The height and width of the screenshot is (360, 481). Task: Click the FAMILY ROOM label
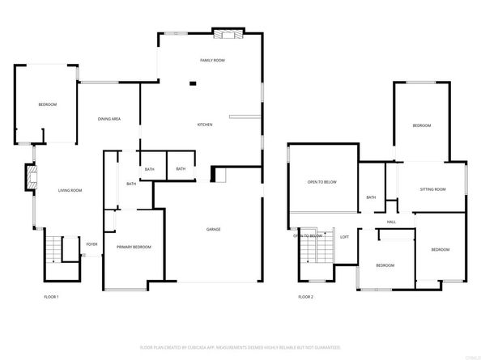tap(212, 61)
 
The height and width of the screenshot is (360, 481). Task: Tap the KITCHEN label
tap(206, 125)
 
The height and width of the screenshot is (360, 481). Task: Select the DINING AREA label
tap(109, 119)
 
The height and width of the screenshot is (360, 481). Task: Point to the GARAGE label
tap(213, 229)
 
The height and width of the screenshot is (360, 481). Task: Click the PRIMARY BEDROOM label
tap(134, 247)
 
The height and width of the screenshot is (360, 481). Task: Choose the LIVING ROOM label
tap(70, 190)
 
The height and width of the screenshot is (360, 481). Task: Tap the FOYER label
tap(92, 244)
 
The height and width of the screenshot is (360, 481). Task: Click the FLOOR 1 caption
tap(52, 297)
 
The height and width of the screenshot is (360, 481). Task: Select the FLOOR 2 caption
tap(305, 297)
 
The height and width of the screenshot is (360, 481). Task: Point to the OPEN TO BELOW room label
tap(321, 182)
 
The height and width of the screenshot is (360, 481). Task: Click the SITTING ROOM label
tap(432, 189)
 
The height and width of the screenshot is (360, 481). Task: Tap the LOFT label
tap(344, 236)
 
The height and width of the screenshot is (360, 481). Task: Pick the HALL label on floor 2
tap(391, 222)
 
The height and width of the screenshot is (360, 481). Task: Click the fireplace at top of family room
tap(226, 34)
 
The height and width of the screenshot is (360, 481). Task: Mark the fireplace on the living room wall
tap(32, 177)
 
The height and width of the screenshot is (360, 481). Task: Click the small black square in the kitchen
tap(193, 83)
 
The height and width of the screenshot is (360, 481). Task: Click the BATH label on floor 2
tap(371, 197)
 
